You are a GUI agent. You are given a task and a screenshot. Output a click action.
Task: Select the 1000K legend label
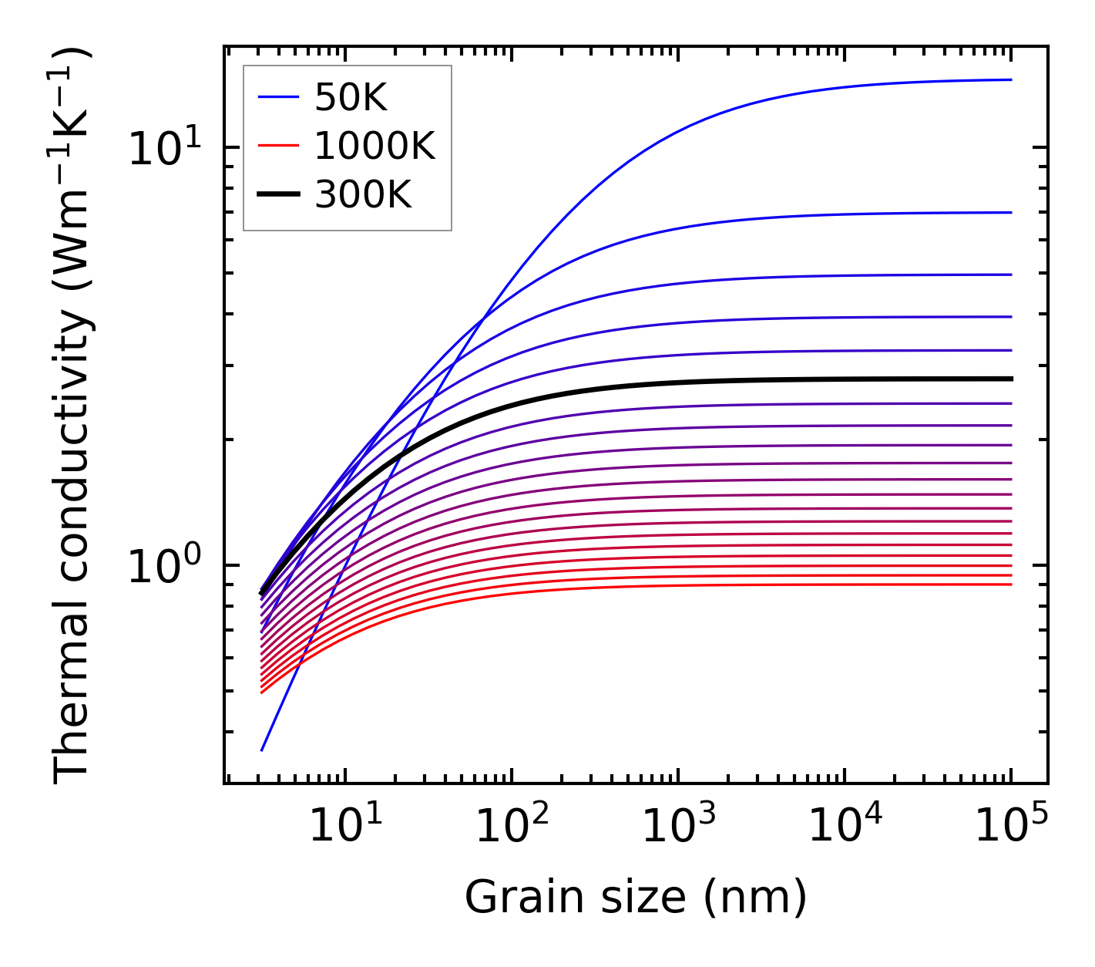click(x=375, y=146)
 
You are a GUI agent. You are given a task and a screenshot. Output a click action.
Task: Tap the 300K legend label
click(x=363, y=195)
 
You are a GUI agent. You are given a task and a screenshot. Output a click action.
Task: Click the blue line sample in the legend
click(x=277, y=98)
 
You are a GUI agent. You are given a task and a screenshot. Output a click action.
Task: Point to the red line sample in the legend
click(x=277, y=146)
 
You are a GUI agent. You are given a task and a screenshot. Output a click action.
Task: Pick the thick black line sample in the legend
click(x=277, y=195)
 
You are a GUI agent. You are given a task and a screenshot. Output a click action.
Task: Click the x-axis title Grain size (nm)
click(x=636, y=898)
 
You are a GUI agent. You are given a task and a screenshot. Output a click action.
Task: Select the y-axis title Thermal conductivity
click(x=73, y=415)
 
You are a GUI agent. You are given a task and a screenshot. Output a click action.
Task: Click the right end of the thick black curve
click(x=1010, y=379)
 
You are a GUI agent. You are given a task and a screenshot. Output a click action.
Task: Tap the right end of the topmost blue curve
click(x=1010, y=79)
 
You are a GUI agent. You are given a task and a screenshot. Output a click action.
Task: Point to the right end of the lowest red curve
click(x=1010, y=584)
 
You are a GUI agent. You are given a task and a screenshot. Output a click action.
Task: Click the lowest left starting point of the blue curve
click(x=263, y=750)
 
